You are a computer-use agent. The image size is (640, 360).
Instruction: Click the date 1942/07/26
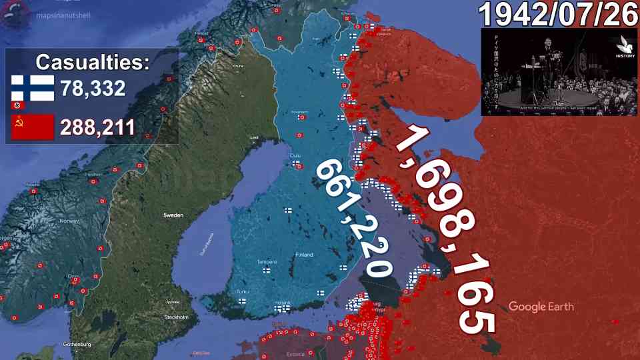click(x=559, y=14)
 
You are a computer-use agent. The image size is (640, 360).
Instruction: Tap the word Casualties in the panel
click(x=93, y=63)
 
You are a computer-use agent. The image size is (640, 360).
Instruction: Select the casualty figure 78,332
click(x=93, y=88)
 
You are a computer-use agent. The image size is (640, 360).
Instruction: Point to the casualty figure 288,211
click(x=97, y=127)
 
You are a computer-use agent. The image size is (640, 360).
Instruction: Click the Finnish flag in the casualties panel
click(x=32, y=87)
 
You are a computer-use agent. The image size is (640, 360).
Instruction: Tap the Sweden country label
click(x=173, y=215)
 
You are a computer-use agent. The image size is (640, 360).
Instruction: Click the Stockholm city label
click(x=175, y=317)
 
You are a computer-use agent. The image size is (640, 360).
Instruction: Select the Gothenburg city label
click(x=76, y=344)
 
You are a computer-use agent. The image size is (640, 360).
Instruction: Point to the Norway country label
click(x=69, y=221)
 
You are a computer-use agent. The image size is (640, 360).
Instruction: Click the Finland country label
click(x=303, y=255)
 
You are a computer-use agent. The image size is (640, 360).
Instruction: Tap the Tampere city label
click(x=267, y=261)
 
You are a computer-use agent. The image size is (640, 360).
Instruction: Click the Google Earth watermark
click(x=541, y=307)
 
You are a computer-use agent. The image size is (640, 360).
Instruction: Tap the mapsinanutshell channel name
click(x=64, y=14)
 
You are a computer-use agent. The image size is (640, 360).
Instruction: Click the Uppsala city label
click(x=171, y=301)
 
